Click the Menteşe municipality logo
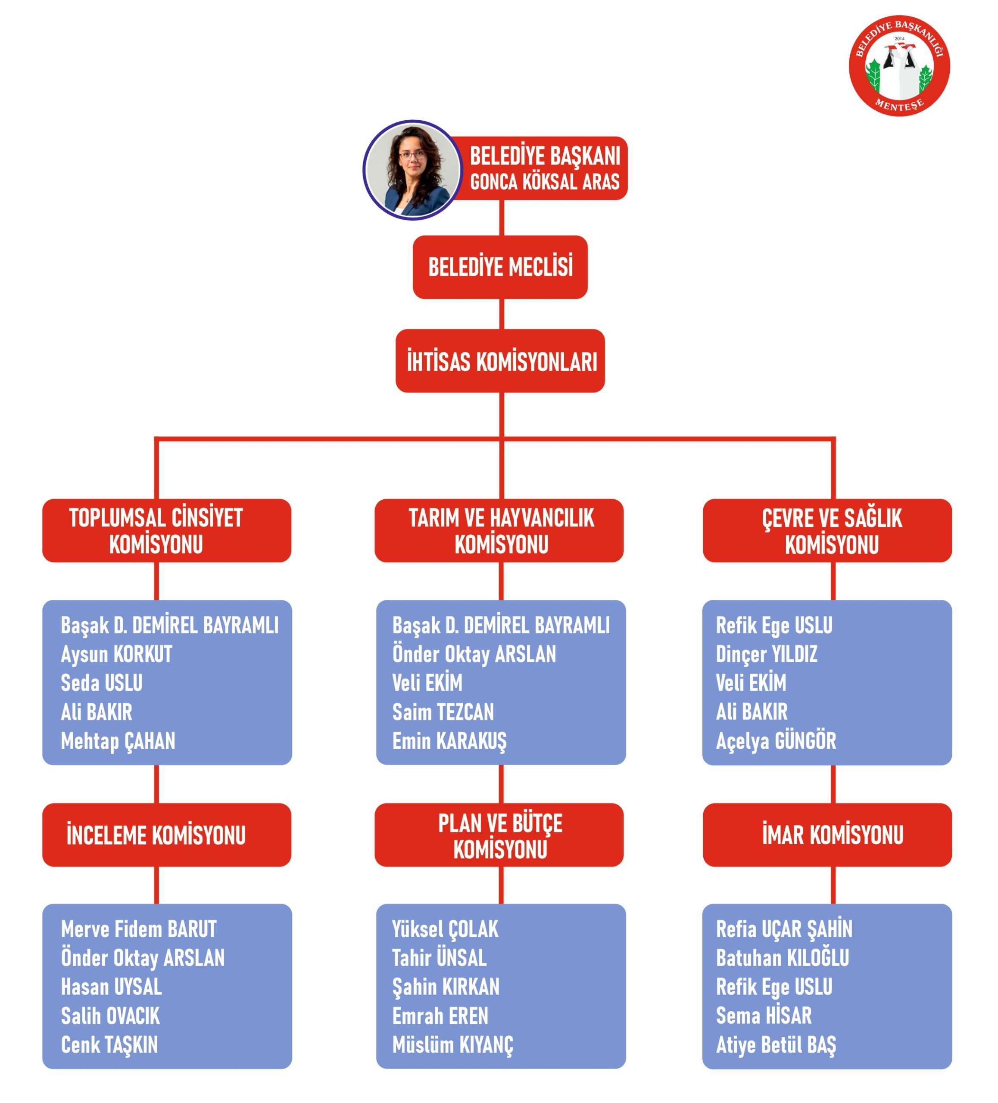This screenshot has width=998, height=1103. [898, 65]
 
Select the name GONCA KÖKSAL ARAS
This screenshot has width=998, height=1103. [544, 182]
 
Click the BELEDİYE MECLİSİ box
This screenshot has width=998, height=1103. [500, 267]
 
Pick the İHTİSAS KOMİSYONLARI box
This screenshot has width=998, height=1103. [500, 361]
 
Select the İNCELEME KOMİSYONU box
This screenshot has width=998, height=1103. [167, 835]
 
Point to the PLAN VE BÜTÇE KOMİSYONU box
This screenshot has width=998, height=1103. [499, 835]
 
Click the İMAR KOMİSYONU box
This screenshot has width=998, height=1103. [827, 835]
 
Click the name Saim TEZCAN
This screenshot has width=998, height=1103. [443, 712]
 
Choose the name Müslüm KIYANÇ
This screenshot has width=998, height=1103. [453, 1045]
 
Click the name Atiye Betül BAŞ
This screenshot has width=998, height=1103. [776, 1045]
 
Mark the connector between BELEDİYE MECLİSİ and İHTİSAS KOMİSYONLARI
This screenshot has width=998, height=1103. [501, 314]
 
